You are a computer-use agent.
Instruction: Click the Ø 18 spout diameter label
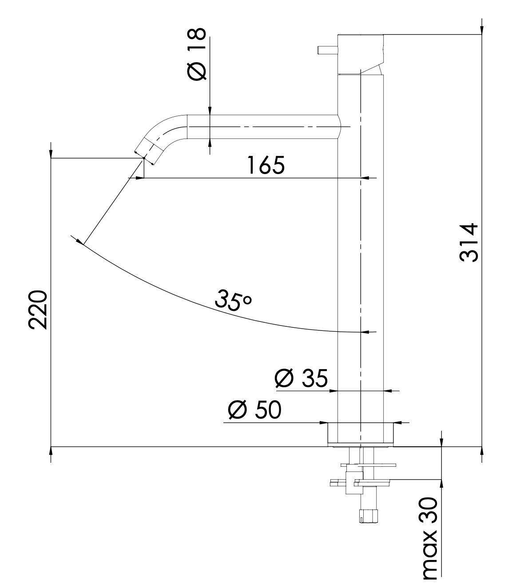197,54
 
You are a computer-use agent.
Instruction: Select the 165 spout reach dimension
266,165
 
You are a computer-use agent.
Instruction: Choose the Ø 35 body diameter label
301,378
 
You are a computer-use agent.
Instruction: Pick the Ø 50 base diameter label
254,410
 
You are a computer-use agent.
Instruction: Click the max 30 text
429,538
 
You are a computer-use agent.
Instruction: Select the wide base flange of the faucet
360,433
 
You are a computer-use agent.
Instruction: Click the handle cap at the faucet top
360,52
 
